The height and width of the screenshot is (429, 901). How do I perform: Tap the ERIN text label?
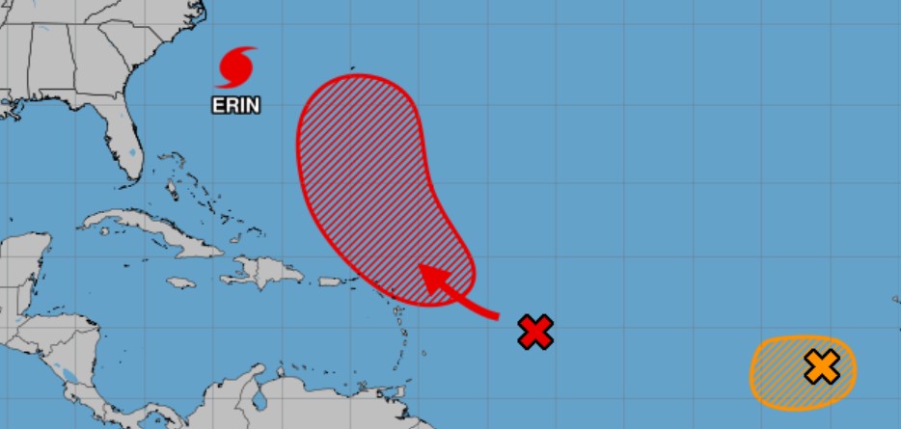point(236,104)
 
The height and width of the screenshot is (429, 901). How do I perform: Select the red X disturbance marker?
point(535,332)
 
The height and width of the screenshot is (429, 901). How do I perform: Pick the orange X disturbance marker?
point(821,366)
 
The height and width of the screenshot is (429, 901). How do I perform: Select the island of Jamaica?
point(181,282)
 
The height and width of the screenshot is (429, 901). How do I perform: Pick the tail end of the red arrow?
point(496,314)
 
